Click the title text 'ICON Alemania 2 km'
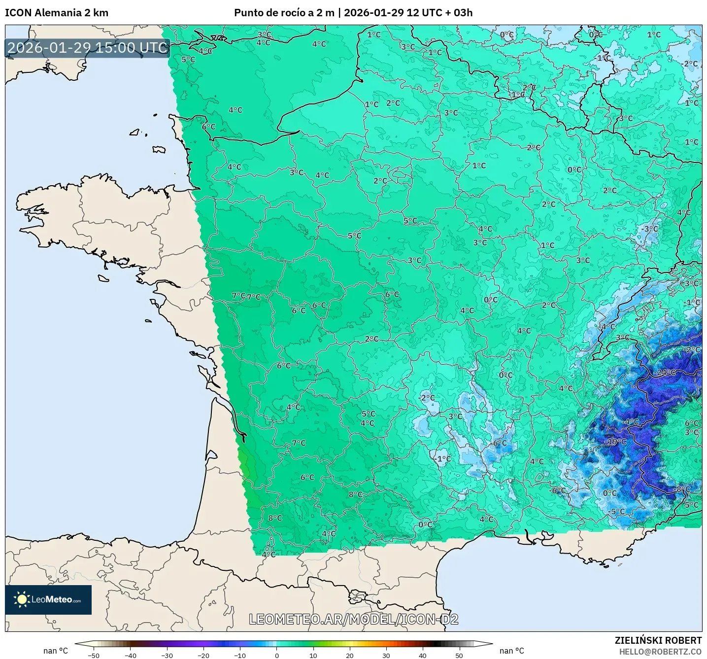(x=57, y=13)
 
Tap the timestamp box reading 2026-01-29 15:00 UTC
(x=87, y=48)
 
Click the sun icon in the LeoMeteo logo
(x=22, y=599)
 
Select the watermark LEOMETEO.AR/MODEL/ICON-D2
(x=353, y=619)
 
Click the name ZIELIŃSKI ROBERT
(x=658, y=640)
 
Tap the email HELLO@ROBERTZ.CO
(x=660, y=652)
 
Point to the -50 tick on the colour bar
(x=94, y=655)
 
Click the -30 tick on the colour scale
(x=167, y=655)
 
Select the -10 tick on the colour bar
(x=240, y=655)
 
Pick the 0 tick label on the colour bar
(x=277, y=655)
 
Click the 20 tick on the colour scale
(x=350, y=655)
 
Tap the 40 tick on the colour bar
(x=423, y=655)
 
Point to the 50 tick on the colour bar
(x=459, y=655)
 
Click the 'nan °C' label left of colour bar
(x=56, y=651)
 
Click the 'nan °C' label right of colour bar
(x=512, y=651)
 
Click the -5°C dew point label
(x=616, y=511)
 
